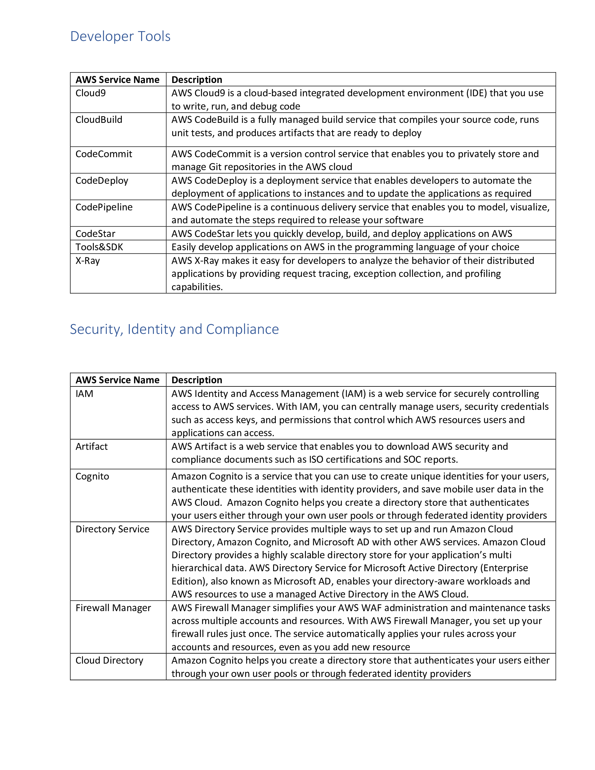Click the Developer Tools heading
[120, 36]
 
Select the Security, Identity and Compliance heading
[174, 329]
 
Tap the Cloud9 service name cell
[91, 93]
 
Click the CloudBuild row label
[99, 120]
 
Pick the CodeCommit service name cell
[104, 154]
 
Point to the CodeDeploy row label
[102, 181]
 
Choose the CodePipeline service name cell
[104, 207]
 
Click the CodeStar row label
[96, 234]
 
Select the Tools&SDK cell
[99, 247]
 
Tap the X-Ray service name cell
[88, 261]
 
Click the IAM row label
[85, 394]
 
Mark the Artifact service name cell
[92, 447]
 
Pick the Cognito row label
[92, 477]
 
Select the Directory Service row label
[112, 529]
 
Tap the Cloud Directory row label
[109, 661]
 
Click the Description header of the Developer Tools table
[197, 80]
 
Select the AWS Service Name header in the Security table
[117, 380]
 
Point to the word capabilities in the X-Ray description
[197, 287]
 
